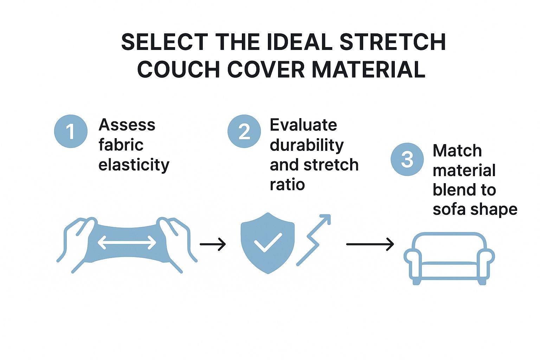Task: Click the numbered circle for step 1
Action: [x=71, y=131]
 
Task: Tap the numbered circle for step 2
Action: [x=244, y=131]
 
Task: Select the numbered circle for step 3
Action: [x=407, y=159]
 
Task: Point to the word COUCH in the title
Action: [x=178, y=69]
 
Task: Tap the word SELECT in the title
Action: [x=165, y=42]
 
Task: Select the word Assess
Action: [x=127, y=125]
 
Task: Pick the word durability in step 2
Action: [x=307, y=145]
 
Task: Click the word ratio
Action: [x=287, y=185]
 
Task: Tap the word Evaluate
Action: [x=303, y=125]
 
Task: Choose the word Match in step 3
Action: [x=457, y=151]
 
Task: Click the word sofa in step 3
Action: [x=449, y=209]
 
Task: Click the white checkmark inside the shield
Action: [x=268, y=242]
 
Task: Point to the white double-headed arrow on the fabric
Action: [x=127, y=242]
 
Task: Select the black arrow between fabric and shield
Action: [x=213, y=244]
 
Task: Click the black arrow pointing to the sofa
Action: [x=370, y=244]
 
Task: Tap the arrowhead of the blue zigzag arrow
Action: [x=326, y=219]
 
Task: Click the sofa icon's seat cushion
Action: [x=449, y=263]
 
